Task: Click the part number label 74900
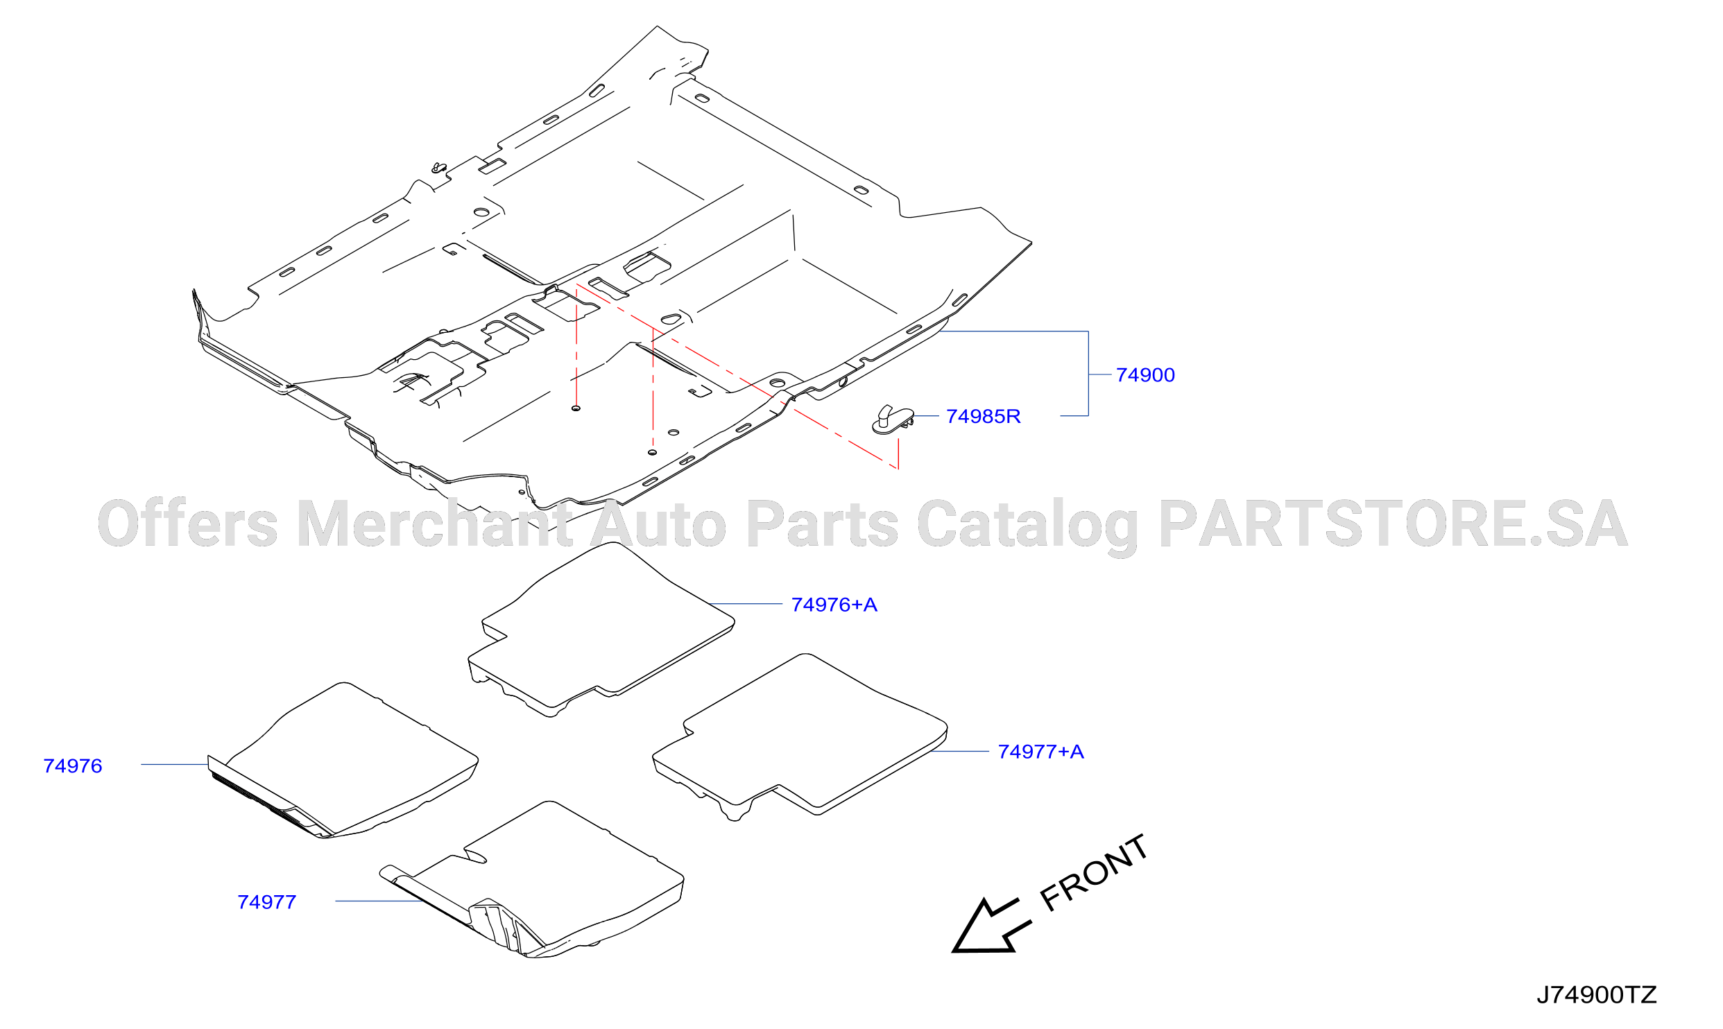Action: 1145,375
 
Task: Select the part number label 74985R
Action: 983,417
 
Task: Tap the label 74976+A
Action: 834,605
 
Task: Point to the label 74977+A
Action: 1040,752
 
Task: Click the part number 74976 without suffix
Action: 73,766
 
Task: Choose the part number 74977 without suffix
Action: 267,902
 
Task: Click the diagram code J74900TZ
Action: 1596,996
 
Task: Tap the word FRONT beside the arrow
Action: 1094,872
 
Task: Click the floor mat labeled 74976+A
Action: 601,628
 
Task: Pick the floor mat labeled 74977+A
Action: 800,736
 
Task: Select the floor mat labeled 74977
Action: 532,879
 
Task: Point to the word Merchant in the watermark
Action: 435,524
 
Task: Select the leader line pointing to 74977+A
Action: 960,751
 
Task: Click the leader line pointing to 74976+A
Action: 746,604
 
